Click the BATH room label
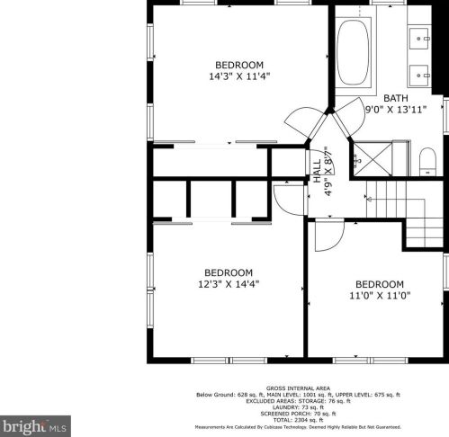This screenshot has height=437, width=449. [x=396, y=98]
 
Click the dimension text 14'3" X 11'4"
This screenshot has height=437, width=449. [x=238, y=76]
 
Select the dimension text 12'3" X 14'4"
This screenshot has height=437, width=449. [x=228, y=284]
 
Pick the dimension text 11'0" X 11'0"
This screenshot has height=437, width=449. [x=380, y=295]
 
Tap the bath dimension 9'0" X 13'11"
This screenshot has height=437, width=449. [x=396, y=110]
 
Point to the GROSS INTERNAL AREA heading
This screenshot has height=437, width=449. [x=298, y=388]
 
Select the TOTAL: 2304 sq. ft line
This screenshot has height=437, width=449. [x=298, y=420]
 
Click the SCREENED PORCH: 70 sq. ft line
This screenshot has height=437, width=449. [x=298, y=414]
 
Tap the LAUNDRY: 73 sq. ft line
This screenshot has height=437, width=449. [x=298, y=407]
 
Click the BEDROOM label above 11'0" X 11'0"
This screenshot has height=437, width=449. [x=380, y=283]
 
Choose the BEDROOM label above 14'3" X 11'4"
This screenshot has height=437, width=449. [x=238, y=64]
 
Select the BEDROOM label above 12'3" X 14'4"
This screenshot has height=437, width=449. [x=228, y=272]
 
